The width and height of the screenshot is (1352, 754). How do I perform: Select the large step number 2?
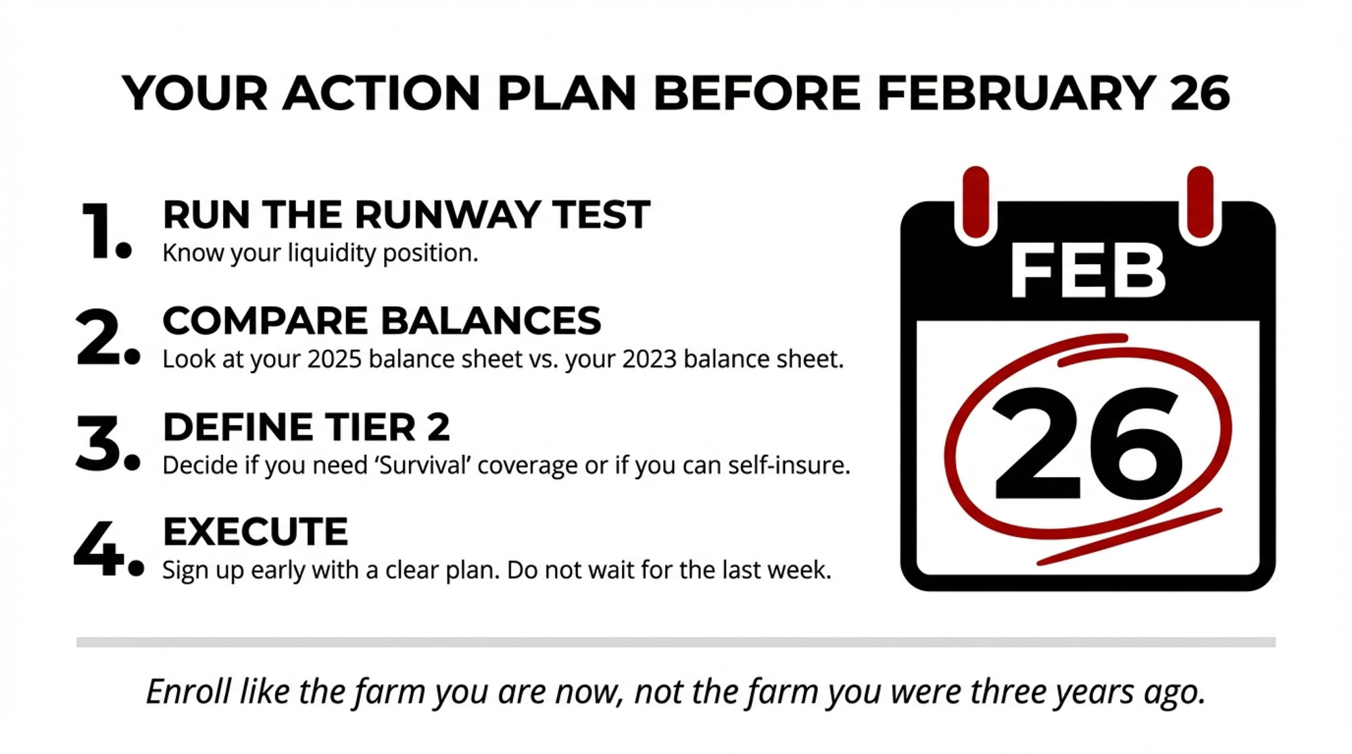tap(107, 337)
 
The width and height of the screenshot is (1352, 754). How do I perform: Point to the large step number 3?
tap(107, 443)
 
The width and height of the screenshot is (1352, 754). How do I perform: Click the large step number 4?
tap(108, 549)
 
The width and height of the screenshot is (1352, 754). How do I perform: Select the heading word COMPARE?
tap(265, 320)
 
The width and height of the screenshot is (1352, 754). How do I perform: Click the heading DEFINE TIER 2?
tap(306, 427)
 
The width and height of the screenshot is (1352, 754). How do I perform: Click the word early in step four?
tap(274, 571)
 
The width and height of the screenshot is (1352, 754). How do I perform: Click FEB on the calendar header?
tap(1088, 271)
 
